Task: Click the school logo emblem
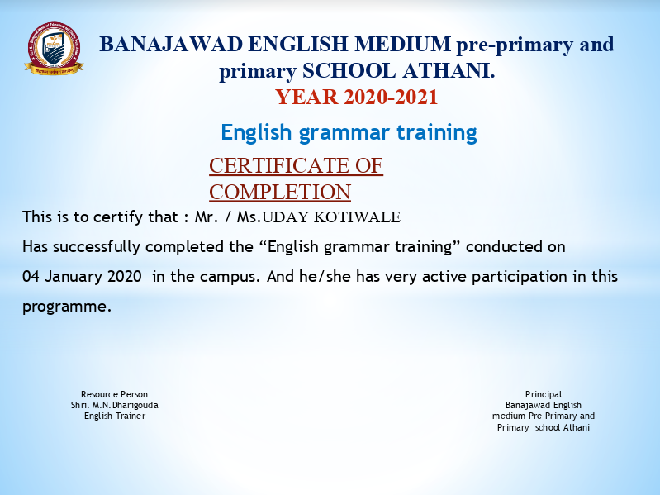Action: click(x=54, y=49)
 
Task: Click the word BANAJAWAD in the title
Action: click(x=171, y=44)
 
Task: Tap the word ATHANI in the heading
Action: click(x=449, y=71)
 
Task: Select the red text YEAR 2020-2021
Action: click(x=357, y=97)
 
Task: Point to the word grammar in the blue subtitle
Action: click(x=344, y=133)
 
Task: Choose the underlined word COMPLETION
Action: click(x=280, y=192)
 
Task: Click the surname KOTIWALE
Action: click(x=357, y=217)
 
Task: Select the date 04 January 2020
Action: click(x=82, y=277)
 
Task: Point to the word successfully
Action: click(x=97, y=246)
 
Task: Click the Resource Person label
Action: click(x=115, y=394)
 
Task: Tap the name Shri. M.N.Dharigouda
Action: click(x=115, y=406)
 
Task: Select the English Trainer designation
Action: click(x=115, y=416)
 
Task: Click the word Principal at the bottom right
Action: click(x=544, y=395)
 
